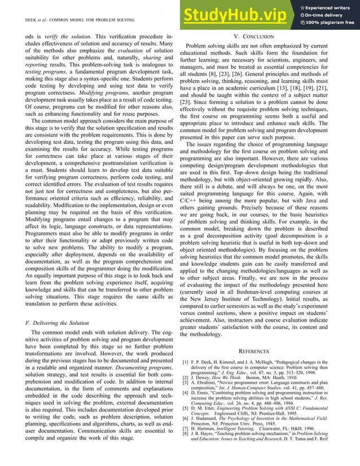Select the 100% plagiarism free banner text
pos(331,23)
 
